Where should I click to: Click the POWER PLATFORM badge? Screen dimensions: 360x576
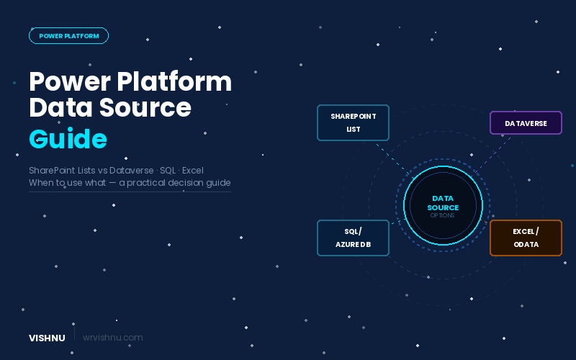68,35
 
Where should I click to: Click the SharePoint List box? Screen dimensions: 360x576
353,122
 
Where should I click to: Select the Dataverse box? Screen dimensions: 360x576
526,123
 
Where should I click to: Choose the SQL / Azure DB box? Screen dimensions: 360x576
353,238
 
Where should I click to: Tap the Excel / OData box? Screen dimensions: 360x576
526,238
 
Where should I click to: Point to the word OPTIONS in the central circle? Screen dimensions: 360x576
443,215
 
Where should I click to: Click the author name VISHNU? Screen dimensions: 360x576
47,338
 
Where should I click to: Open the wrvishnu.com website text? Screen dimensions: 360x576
112,338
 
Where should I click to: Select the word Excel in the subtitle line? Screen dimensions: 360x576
192,171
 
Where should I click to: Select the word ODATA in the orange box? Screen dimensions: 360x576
526,245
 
